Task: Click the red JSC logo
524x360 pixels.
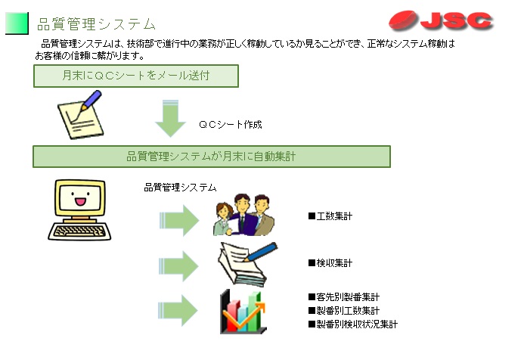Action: (441, 20)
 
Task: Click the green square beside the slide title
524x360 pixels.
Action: (17, 23)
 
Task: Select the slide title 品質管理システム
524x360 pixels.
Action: (96, 24)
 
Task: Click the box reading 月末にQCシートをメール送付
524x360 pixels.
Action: (136, 76)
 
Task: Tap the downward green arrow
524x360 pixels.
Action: (170, 118)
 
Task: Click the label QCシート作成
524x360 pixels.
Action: (231, 124)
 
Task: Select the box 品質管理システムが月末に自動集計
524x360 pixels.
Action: (212, 157)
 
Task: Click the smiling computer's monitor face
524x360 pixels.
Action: (80, 197)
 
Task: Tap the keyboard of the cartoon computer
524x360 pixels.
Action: (79, 231)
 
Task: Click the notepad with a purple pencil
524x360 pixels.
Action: (80, 115)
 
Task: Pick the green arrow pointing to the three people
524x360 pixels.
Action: (179, 221)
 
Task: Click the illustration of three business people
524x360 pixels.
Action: (243, 215)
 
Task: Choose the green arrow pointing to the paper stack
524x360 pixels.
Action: (178, 266)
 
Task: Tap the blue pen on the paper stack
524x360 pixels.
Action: (261, 252)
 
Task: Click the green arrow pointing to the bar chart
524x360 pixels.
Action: (178, 310)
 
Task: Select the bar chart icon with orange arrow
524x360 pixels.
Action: (243, 312)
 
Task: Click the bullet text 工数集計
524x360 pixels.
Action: (330, 216)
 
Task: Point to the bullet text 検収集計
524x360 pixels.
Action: (330, 263)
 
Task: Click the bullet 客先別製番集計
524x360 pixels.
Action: (344, 296)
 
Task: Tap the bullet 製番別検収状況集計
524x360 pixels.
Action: (353, 324)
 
